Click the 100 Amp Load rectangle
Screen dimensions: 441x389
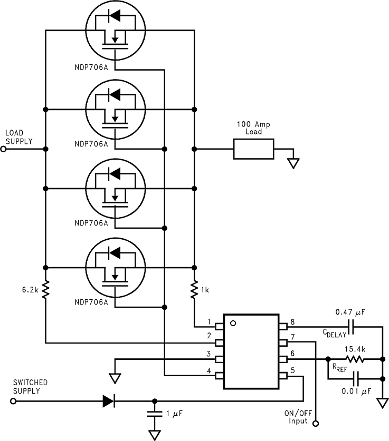(253, 149)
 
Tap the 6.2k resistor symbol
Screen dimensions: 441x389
(46, 289)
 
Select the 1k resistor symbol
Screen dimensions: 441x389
(195, 289)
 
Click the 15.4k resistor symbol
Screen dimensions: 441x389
(355, 359)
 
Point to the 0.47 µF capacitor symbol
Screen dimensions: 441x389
(350, 326)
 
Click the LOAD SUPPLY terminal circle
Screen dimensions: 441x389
(3, 149)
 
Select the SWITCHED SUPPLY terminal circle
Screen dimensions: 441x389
(13, 401)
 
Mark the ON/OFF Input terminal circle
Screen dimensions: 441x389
(316, 423)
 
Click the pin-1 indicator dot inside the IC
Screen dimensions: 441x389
(233, 323)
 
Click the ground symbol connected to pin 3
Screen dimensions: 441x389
(116, 377)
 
